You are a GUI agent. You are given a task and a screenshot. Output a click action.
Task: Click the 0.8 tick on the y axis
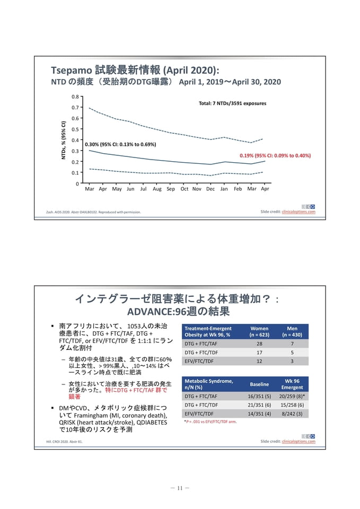pos(75,96)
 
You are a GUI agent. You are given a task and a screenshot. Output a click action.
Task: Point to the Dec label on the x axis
pos(210,189)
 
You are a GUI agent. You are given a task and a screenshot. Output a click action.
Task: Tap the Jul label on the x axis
pos(143,189)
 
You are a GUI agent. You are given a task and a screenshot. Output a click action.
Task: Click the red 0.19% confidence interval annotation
pos(275,155)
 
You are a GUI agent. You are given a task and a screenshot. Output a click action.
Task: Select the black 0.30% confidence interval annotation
pos(120,144)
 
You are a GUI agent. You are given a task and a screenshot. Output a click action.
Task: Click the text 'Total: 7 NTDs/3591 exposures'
pos(232,103)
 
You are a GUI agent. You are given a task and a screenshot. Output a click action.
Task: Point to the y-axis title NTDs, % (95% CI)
pos(63,140)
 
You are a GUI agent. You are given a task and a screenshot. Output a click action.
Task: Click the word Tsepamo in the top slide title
pos(72,71)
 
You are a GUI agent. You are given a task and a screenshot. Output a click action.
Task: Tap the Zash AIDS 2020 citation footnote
pos(93,212)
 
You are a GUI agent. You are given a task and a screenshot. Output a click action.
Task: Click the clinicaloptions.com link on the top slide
pos(298,212)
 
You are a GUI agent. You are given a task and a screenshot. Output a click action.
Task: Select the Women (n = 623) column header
pos(259,331)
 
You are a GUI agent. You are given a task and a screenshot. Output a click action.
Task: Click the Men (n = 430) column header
pos(292,331)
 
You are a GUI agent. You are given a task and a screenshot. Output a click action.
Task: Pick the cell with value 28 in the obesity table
pos(259,344)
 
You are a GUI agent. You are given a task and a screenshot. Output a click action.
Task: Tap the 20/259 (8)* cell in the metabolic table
pos(292,397)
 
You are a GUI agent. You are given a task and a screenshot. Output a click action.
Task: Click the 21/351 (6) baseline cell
pos(259,405)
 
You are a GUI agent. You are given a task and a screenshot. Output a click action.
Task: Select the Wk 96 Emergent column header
pos(292,384)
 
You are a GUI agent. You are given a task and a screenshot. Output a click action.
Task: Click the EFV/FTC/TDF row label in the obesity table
pos(199,361)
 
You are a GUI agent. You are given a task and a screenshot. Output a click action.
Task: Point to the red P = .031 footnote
pos(210,422)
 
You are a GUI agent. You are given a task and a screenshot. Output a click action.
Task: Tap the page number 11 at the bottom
pos(180,488)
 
